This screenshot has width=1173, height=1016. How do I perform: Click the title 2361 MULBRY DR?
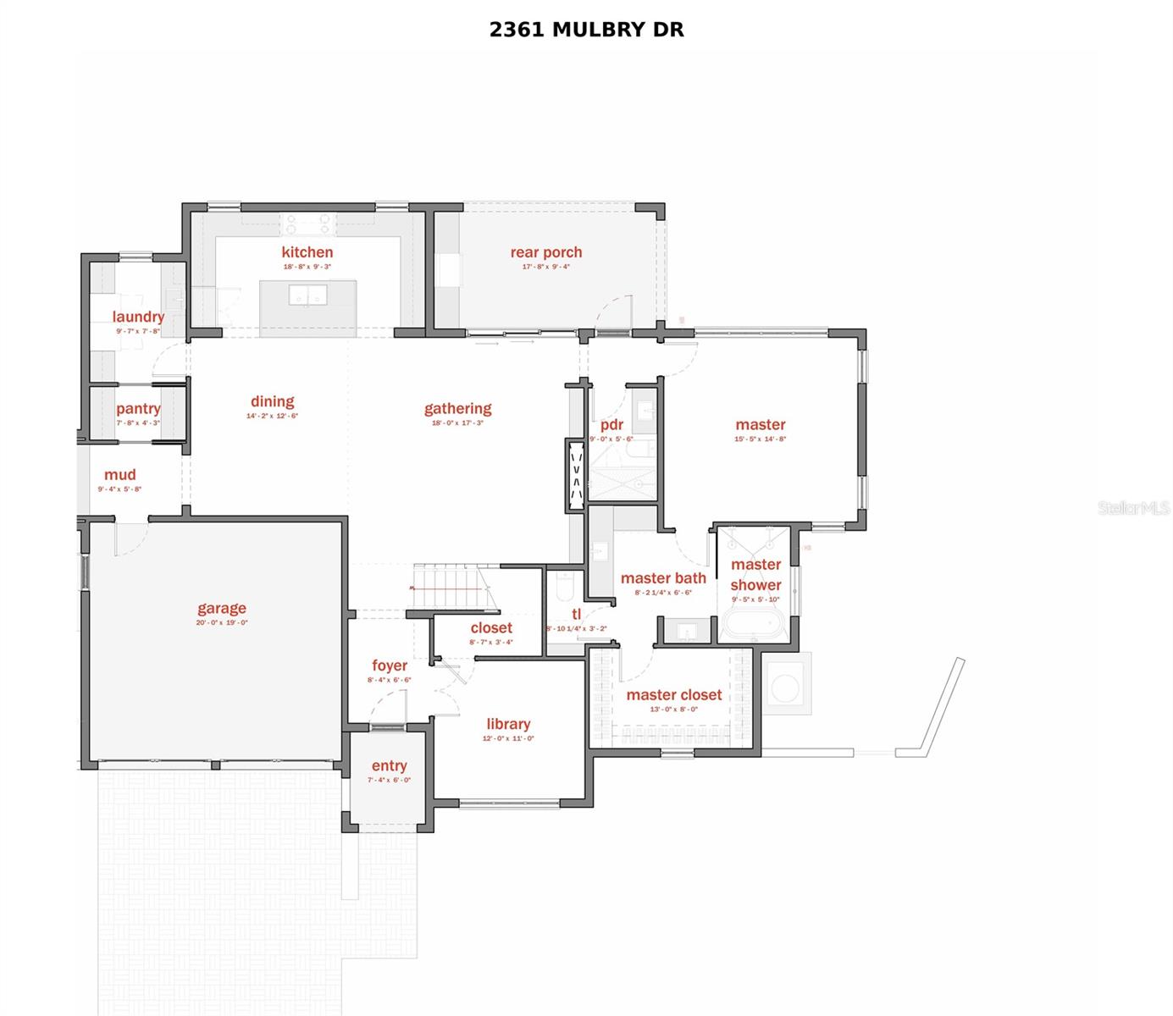click(586, 30)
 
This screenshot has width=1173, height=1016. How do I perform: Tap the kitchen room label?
click(307, 252)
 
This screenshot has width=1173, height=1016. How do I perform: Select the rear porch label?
click(546, 252)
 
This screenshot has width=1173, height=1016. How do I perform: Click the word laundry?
click(138, 317)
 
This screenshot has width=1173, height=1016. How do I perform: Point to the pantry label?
click(138, 409)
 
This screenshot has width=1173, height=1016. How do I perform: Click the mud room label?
click(119, 475)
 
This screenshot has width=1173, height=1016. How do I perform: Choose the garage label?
click(222, 608)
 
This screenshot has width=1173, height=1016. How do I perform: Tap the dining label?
click(273, 401)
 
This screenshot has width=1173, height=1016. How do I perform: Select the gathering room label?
click(457, 409)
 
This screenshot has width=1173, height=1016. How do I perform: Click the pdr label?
click(611, 425)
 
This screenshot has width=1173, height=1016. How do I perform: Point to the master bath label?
click(663, 578)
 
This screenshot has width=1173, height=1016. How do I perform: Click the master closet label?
click(674, 695)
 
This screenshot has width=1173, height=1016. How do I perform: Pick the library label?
click(508, 724)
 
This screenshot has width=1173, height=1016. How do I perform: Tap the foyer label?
click(390, 665)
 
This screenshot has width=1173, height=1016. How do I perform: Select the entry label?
click(389, 766)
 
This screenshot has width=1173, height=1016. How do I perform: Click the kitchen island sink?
click(307, 295)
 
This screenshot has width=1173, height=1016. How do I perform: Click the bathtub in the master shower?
click(755, 627)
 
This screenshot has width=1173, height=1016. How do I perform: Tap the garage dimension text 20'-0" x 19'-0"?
click(222, 623)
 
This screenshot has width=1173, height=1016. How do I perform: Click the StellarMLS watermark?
click(1133, 508)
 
